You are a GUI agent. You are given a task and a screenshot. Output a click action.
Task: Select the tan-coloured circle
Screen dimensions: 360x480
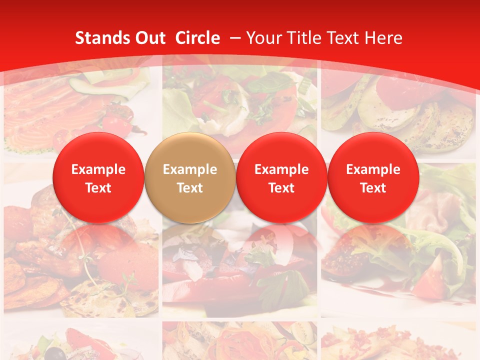click(x=189, y=177)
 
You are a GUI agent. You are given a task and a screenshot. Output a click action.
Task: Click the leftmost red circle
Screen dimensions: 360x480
click(x=98, y=177)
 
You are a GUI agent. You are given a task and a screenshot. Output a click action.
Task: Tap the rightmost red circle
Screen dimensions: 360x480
click(x=373, y=177)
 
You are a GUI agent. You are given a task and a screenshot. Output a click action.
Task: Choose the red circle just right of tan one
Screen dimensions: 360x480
click(x=281, y=177)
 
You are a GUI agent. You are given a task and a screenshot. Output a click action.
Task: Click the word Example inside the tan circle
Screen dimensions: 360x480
click(x=190, y=169)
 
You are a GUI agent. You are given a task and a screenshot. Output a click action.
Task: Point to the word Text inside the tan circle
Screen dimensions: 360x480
click(x=190, y=188)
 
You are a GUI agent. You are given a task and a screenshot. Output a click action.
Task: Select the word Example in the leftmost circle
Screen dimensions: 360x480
click(x=98, y=169)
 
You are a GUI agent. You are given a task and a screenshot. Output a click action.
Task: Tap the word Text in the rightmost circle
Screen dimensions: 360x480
click(x=373, y=188)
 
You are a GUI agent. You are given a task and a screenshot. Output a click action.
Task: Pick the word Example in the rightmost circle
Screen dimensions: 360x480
click(x=373, y=169)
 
